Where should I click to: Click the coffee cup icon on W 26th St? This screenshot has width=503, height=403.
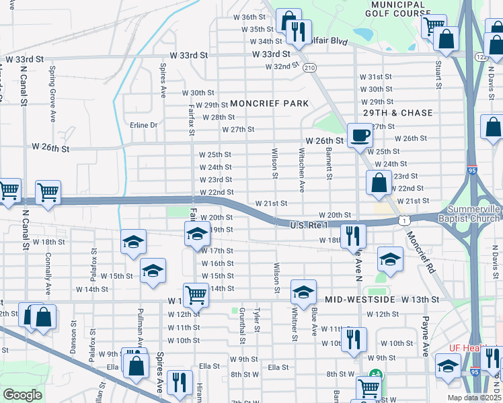tap(360, 135)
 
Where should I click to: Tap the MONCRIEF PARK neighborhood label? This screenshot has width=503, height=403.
tap(269, 103)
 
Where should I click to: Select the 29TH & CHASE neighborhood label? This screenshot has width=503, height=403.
tap(397, 113)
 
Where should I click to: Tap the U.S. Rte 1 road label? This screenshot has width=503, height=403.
tap(309, 225)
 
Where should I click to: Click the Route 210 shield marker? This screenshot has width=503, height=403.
tap(309, 68)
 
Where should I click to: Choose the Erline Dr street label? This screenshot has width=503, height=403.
tap(143, 125)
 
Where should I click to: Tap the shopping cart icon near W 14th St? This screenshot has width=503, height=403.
tap(196, 294)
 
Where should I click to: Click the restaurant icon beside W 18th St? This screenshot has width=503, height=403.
tap(352, 236)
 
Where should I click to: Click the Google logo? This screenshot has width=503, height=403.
tap(22, 395)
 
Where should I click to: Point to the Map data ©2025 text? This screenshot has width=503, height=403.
tap(474, 398)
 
